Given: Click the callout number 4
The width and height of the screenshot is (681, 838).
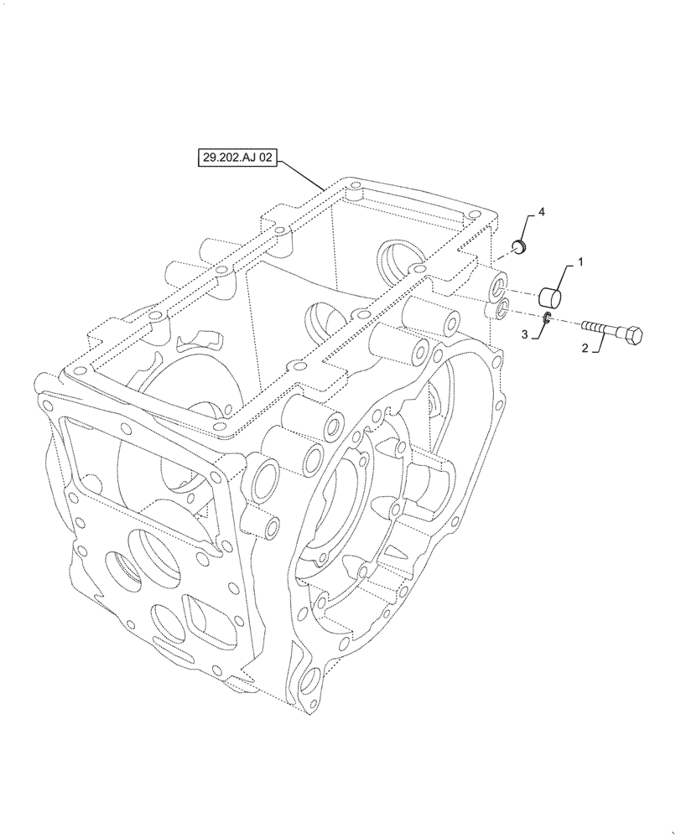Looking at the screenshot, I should click(x=541, y=215).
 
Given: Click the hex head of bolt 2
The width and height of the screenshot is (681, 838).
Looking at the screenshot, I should click(x=634, y=335).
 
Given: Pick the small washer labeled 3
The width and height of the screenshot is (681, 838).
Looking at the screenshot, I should click(x=545, y=317).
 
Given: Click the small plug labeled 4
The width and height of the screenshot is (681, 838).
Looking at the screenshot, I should click(x=518, y=246).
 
